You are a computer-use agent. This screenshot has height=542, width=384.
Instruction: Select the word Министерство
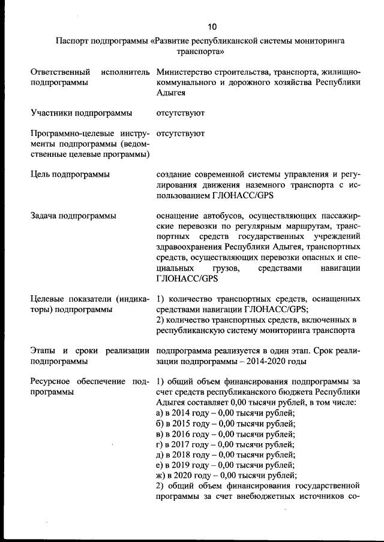(x=185, y=72)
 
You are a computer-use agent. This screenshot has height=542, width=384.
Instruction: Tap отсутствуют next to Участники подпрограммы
(x=180, y=112)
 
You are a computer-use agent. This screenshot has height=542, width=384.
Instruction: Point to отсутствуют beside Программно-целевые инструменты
(x=180, y=134)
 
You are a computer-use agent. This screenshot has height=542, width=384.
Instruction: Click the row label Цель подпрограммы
(x=70, y=175)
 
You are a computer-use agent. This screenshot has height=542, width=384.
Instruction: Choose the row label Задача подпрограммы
(x=73, y=215)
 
